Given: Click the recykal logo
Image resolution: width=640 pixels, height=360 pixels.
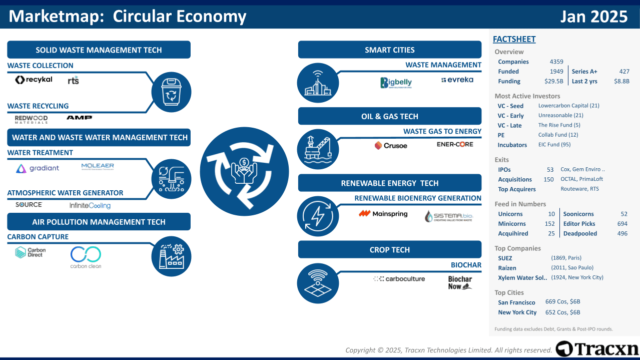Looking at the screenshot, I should point(34,80).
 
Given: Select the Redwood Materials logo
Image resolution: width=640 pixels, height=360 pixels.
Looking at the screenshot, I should point(31,119).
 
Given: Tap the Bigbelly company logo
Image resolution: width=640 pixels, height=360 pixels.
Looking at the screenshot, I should point(395,83).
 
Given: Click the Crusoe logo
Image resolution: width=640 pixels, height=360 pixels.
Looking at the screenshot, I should point(391,146).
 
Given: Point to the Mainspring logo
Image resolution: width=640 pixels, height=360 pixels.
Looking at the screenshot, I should point(383,214).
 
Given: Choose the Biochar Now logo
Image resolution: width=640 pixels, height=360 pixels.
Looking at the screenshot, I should point(460,283).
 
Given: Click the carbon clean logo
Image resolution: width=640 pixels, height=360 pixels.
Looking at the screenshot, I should point(86,257).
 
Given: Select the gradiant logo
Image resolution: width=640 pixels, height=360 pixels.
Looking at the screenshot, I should point(38,169).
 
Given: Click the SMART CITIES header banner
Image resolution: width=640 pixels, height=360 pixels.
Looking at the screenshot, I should point(389,50).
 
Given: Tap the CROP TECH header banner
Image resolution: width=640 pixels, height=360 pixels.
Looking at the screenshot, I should point(389,250).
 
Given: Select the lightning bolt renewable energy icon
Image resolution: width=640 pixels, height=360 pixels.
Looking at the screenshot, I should point(317,216).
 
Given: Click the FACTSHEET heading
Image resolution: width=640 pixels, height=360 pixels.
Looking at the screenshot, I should point(514,39).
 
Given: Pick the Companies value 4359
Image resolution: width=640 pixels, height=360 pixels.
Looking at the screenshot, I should point(556,62).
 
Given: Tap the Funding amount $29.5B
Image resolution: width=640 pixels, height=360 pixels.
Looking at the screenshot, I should point(553,81).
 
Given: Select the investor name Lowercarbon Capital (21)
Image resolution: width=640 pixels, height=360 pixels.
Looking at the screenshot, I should point(568,106).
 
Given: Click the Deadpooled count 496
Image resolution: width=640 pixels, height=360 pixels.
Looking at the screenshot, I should point(622,234).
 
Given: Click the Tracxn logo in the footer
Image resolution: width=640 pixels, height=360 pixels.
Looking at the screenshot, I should point(597,348).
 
